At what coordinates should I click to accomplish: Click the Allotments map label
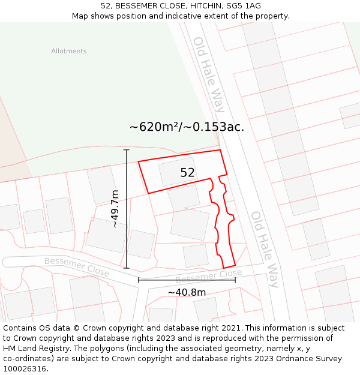click(68, 51)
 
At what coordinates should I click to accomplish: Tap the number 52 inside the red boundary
click(187, 173)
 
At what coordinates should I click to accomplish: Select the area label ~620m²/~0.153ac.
click(187, 127)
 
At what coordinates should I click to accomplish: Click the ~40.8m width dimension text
click(187, 292)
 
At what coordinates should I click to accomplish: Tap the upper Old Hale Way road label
click(209, 74)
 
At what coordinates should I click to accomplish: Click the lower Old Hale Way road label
click(265, 249)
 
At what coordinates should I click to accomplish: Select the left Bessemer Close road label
click(77, 266)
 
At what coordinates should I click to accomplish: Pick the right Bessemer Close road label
click(208, 277)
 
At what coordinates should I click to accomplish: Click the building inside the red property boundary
click(178, 172)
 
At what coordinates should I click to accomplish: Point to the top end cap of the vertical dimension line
click(126, 149)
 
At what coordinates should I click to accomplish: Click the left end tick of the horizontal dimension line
click(139, 280)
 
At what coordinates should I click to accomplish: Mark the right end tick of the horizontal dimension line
click(235, 280)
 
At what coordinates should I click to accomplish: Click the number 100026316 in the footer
click(25, 369)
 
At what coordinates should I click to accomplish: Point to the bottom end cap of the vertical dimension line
click(126, 268)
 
